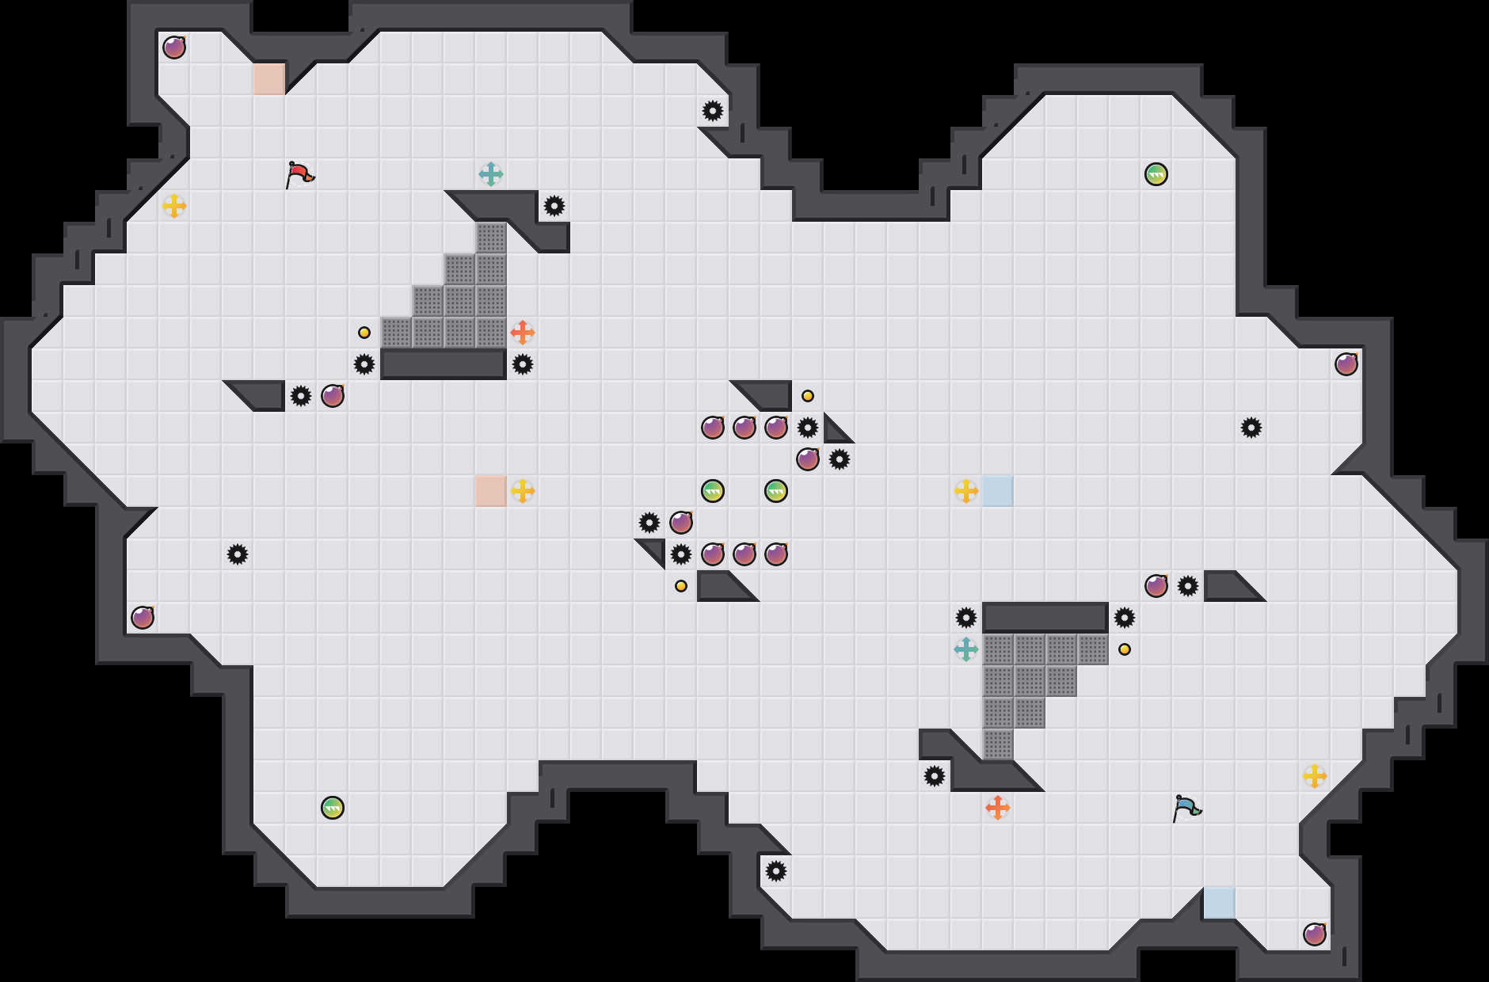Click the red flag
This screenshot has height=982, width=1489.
click(299, 174)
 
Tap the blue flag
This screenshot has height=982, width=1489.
click(1186, 808)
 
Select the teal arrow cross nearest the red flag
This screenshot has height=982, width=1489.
click(491, 174)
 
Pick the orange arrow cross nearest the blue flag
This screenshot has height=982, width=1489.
click(998, 808)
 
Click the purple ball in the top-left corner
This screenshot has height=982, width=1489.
click(174, 48)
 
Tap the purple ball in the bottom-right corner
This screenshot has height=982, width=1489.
click(1315, 934)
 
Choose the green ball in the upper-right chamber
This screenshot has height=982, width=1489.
click(1156, 174)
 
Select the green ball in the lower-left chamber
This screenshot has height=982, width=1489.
click(333, 808)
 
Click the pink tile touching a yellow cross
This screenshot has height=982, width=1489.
click(491, 491)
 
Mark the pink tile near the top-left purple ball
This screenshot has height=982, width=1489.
click(269, 79)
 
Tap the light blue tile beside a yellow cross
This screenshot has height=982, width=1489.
click(998, 491)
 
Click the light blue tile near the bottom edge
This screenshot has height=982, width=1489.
click(1220, 903)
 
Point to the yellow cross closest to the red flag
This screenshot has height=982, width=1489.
click(174, 206)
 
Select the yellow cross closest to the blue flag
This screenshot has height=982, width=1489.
click(1315, 776)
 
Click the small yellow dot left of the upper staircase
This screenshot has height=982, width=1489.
click(364, 333)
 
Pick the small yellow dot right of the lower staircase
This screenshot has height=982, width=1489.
click(1125, 649)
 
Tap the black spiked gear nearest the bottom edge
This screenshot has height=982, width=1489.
click(776, 871)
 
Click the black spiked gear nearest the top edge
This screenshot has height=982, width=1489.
click(713, 111)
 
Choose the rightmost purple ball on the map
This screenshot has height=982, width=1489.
click(1346, 364)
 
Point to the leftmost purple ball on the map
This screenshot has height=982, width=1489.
click(143, 618)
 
